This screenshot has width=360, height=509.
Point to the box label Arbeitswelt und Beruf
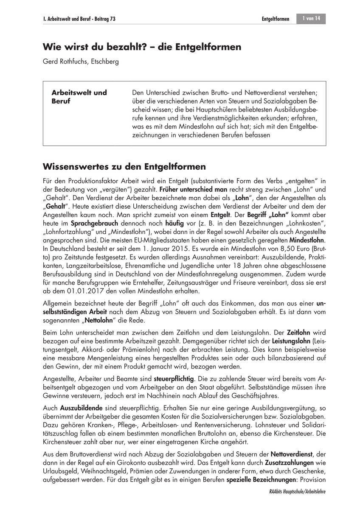79,97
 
